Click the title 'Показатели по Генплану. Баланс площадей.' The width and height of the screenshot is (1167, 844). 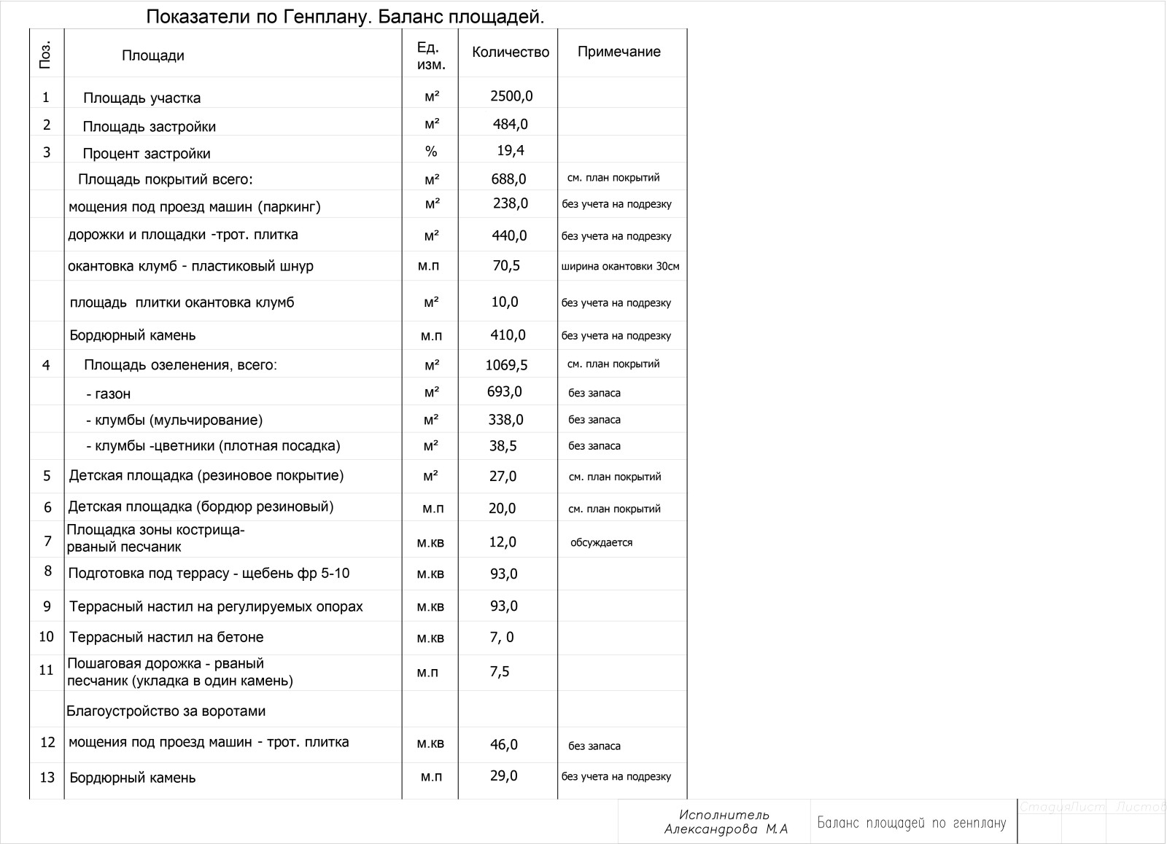[345, 17]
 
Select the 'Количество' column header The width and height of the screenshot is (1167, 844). [510, 52]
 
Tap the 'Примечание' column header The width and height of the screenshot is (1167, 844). [619, 52]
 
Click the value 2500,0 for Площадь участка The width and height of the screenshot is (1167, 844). [511, 96]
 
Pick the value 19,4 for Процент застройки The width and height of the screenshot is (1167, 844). [511, 151]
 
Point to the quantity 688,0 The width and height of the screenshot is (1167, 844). [508, 179]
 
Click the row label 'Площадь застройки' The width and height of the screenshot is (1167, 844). [149, 126]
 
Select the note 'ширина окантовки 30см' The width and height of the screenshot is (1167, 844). [620, 266]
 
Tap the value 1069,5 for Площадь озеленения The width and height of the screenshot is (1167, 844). [506, 365]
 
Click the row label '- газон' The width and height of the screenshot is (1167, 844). [108, 394]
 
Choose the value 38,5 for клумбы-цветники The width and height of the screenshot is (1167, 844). [503, 446]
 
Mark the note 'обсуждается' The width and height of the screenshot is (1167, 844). [601, 542]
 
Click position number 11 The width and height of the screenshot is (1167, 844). [46, 670]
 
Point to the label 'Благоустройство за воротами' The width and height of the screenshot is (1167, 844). [166, 711]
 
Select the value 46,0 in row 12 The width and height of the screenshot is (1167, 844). [503, 744]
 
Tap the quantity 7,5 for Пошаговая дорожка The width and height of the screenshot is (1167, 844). [500, 671]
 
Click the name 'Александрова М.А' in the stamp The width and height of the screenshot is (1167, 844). [726, 829]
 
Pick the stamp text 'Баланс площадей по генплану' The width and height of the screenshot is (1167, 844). [911, 823]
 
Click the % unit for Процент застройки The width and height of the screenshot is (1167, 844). [431, 152]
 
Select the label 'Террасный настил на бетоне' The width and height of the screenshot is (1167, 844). [166, 637]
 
